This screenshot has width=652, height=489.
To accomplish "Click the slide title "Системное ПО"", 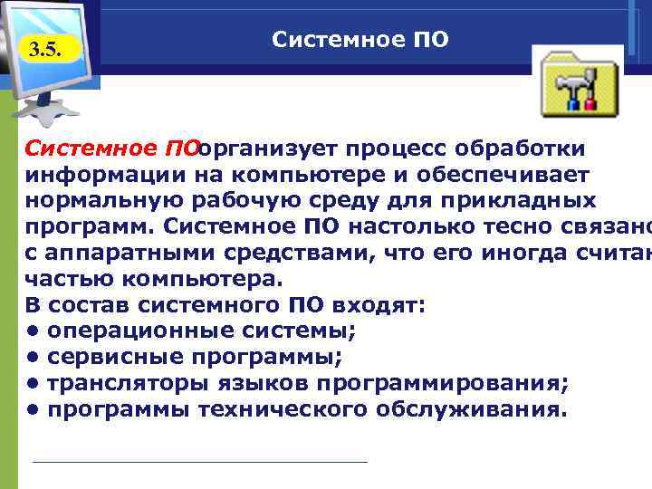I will (x=360, y=41).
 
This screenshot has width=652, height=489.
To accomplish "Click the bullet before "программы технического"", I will (x=32, y=410).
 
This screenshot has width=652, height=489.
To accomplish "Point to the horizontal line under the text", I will (x=199, y=462).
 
